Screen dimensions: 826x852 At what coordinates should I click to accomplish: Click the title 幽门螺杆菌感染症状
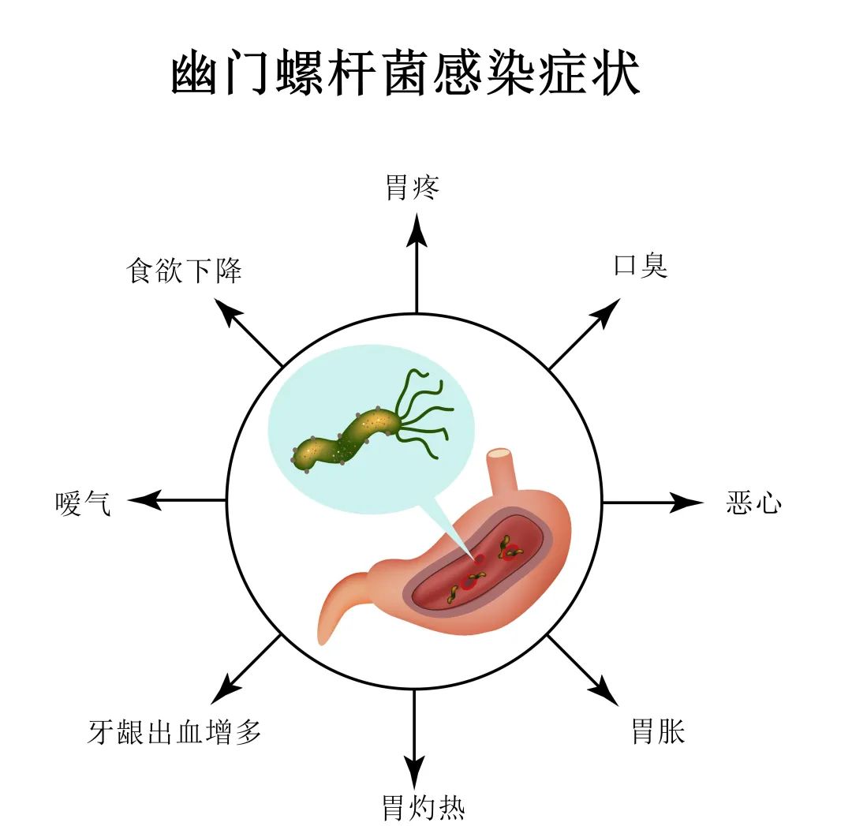point(405,76)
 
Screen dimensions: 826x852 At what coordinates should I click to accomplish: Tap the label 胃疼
point(413,188)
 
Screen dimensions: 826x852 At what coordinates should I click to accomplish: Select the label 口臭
point(641,266)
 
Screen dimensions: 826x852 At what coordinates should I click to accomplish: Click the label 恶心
point(753,503)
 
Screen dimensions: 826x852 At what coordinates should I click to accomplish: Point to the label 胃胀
point(658,731)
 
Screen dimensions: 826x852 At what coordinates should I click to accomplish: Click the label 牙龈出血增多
point(174,732)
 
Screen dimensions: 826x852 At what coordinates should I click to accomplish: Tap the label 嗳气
point(84,503)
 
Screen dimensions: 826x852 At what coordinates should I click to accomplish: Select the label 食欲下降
point(184,271)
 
